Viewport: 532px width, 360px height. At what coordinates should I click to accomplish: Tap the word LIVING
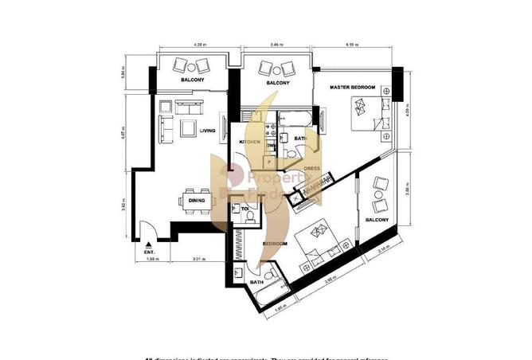pyautogui.click(x=208, y=131)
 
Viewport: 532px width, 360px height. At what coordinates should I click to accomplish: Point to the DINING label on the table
pyautogui.click(x=196, y=201)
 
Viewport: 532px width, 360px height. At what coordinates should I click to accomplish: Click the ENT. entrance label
pyautogui.click(x=149, y=252)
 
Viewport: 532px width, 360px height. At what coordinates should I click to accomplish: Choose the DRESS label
pyautogui.click(x=311, y=168)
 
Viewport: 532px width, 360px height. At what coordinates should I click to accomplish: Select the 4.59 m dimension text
pyautogui.click(x=350, y=45)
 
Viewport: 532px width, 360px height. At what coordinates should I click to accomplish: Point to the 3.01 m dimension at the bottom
pyautogui.click(x=200, y=260)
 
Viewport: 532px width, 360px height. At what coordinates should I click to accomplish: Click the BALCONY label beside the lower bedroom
pyautogui.click(x=377, y=220)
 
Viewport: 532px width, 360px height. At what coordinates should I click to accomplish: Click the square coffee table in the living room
pyautogui.click(x=188, y=127)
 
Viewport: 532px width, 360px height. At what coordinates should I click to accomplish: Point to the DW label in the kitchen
pyautogui.click(x=271, y=147)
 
